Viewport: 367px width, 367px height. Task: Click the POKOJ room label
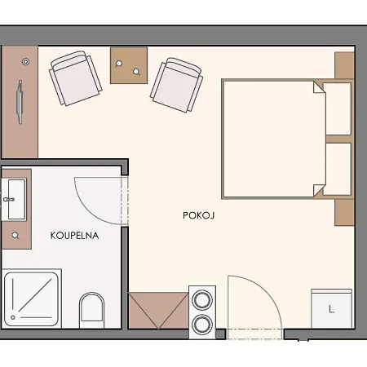click(x=199, y=215)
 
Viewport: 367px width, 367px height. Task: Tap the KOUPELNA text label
click(x=74, y=236)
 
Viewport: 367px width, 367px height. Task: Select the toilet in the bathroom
click(x=91, y=310)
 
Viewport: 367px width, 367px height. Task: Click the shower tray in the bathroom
click(x=32, y=299)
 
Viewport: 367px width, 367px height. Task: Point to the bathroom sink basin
click(x=17, y=199)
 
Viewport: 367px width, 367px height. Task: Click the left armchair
click(x=76, y=78)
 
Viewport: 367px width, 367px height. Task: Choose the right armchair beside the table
click(x=176, y=85)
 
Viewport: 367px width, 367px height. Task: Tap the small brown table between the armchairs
click(x=129, y=65)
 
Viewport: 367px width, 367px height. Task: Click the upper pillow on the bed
click(x=337, y=108)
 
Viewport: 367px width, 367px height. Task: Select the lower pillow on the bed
click(x=337, y=169)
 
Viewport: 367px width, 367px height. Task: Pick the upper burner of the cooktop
click(x=202, y=300)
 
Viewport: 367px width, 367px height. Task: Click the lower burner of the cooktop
click(x=202, y=325)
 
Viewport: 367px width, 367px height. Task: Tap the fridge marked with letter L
click(x=331, y=309)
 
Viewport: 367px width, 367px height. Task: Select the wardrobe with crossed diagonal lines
click(x=158, y=311)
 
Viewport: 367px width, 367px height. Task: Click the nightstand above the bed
click(x=344, y=66)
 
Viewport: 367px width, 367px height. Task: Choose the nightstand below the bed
click(x=344, y=213)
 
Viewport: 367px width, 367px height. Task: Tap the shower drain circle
click(x=13, y=317)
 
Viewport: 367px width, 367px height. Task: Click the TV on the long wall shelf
click(x=20, y=102)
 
